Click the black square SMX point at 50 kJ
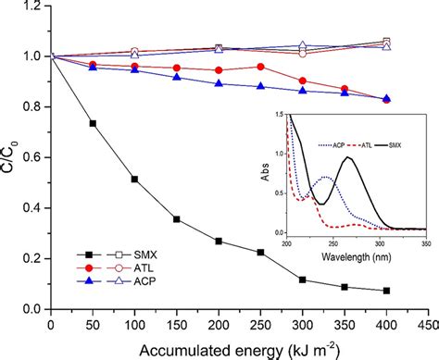tap(92, 123)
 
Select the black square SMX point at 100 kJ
tap(134, 179)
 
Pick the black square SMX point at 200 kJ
tap(219, 241)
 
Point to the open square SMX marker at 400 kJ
tap(386, 42)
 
